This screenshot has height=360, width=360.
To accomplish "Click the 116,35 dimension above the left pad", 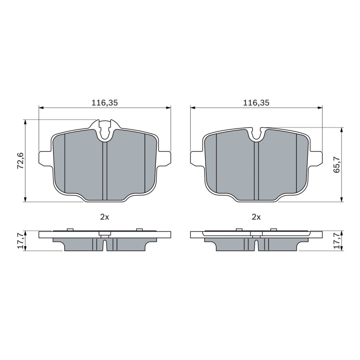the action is (x=105, y=103).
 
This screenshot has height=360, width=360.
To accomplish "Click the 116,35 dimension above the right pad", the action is (x=256, y=103).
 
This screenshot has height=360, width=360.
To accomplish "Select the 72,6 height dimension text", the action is (x=20, y=160).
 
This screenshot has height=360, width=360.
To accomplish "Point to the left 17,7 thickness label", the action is (x=20, y=241).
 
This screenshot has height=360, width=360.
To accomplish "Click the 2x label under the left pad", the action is (x=105, y=217).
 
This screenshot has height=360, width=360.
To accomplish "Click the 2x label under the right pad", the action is (x=256, y=217).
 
